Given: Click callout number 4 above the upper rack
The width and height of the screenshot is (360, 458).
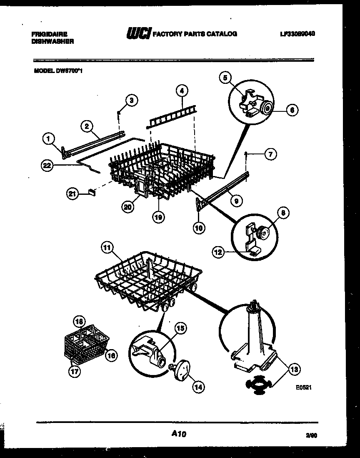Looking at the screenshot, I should tap(182, 90).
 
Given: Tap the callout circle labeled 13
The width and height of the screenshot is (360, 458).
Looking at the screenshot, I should tap(294, 369).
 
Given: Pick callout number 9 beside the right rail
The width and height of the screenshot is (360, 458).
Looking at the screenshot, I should tap(236, 201).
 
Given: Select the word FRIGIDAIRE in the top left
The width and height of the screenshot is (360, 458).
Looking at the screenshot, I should tap(49, 33).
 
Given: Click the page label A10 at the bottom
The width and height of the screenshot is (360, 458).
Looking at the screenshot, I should tap(179, 434).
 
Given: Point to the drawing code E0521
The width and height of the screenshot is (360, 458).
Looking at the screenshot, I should tap(304, 388).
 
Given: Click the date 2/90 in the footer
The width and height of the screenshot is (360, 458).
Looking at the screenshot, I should tap(311, 435).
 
